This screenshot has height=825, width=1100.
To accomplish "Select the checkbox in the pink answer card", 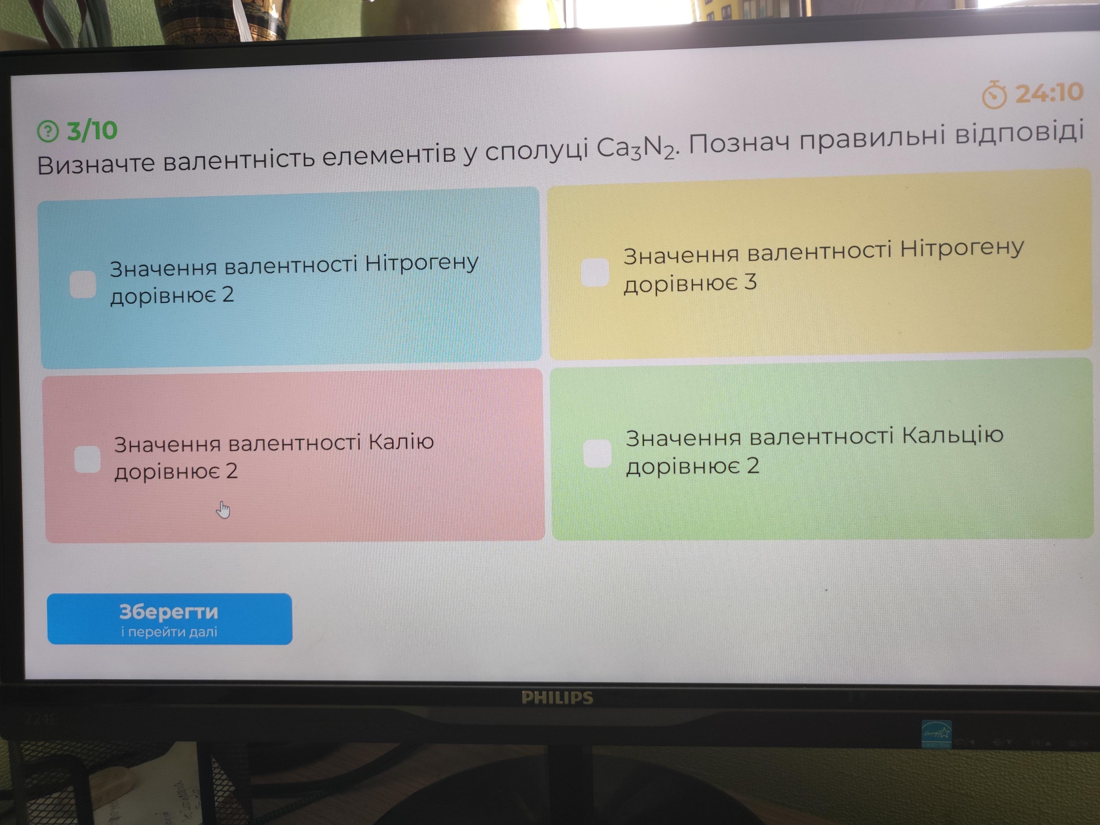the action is coord(87,458).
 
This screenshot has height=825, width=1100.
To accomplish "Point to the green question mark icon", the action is coord(48,131).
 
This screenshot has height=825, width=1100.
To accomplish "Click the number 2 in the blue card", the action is coord(228,295).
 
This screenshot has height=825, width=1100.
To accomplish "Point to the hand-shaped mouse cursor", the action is coord(223,510).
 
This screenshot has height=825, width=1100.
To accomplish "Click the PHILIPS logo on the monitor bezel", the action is coord(557,698).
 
